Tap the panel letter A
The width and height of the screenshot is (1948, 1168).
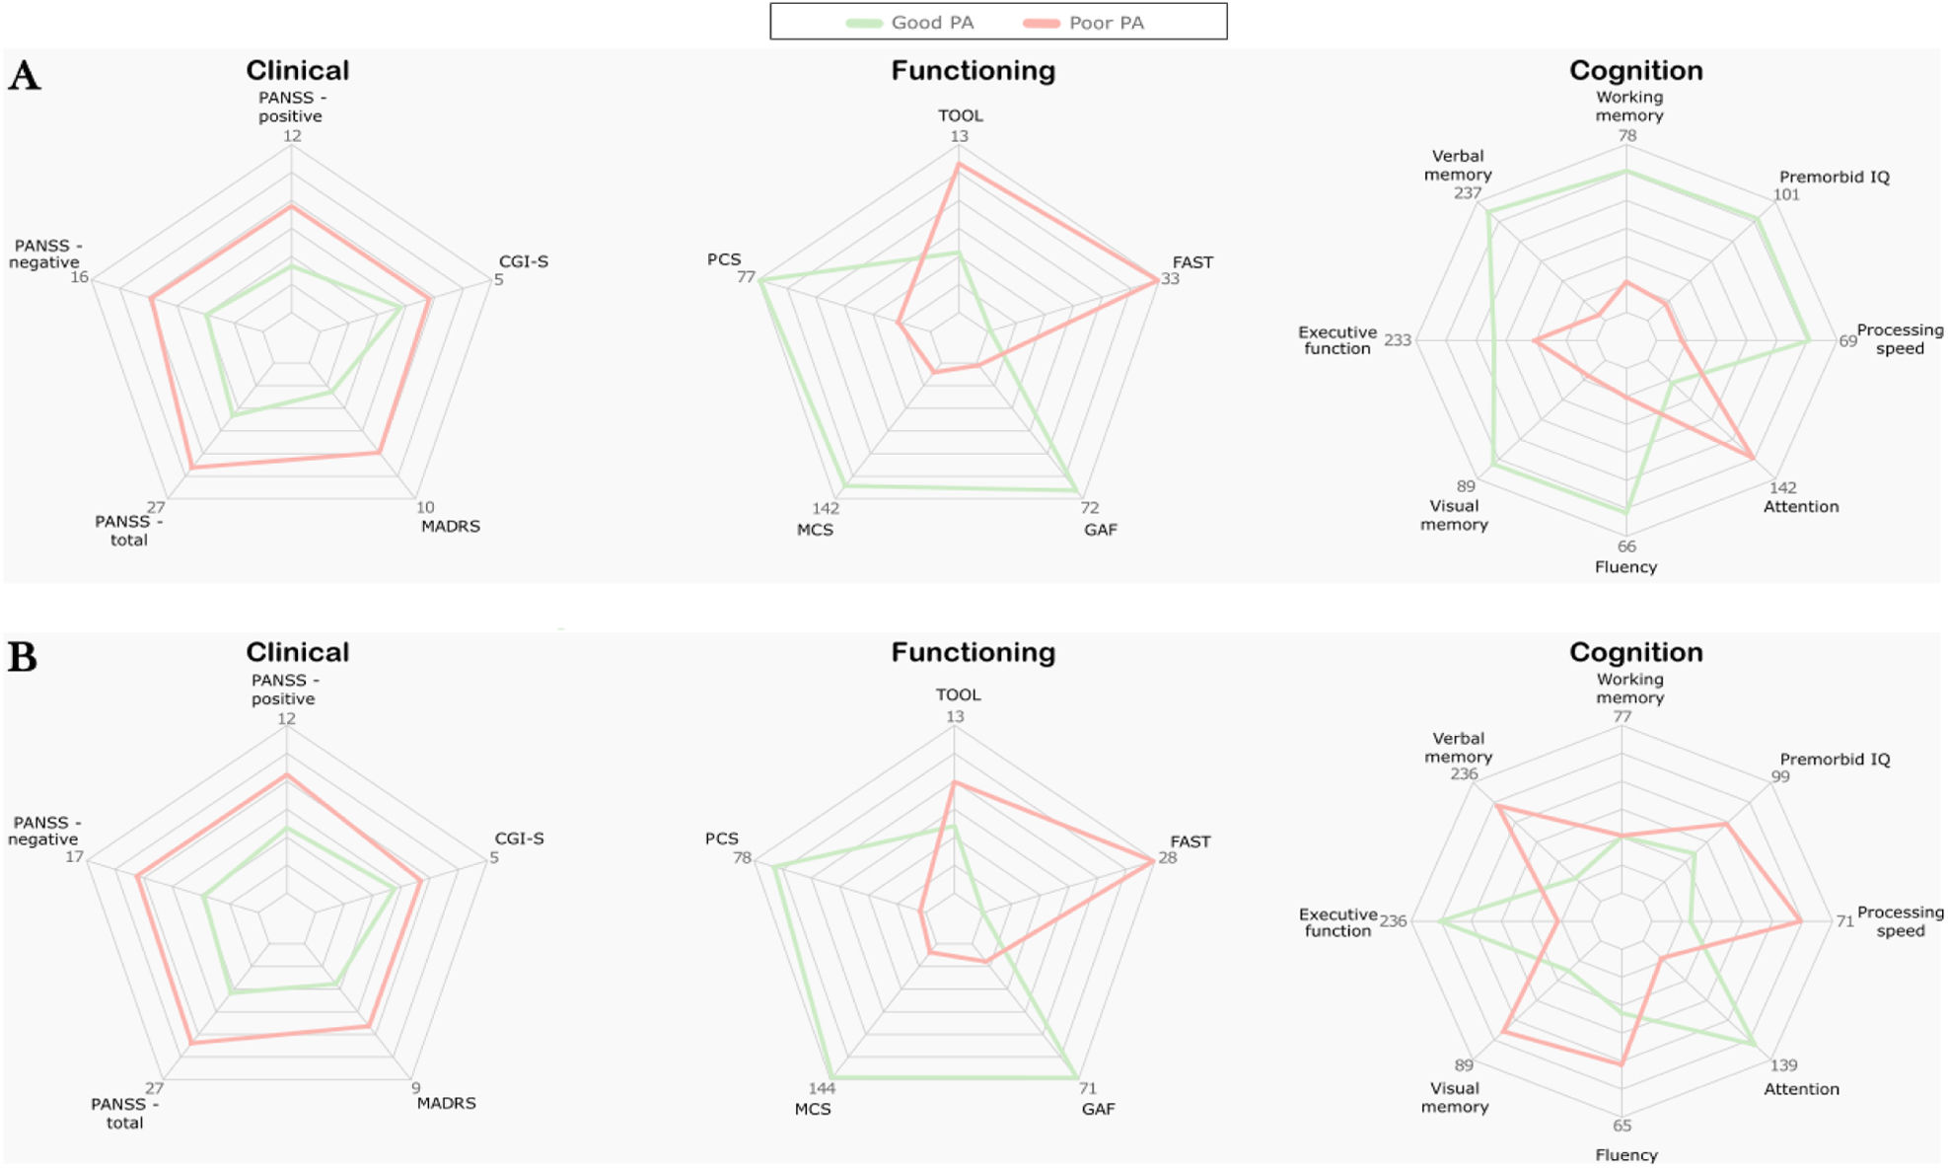[x=24, y=76]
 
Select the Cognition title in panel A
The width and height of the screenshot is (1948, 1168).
[x=1635, y=71]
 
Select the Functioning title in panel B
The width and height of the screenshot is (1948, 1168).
[x=973, y=652]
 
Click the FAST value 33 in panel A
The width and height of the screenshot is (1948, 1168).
[x=1170, y=279]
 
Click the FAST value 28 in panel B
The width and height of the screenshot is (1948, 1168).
[x=1168, y=858]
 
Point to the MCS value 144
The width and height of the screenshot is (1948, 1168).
[x=822, y=1088]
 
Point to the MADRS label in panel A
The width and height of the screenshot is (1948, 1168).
[x=451, y=527]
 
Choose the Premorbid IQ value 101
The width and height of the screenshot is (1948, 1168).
[x=1786, y=195]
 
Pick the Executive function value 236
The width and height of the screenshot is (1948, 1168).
[x=1393, y=921]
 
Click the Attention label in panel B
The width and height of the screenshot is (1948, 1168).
[x=1801, y=1089]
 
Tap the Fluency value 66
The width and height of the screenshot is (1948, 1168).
[x=1626, y=547]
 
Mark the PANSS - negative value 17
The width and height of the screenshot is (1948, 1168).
[x=75, y=857]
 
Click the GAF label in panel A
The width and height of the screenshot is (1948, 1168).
[x=1101, y=530]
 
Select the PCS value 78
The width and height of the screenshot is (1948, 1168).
[x=742, y=858]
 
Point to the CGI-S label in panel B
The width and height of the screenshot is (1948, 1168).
[x=519, y=839]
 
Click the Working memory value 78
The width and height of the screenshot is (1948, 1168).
[x=1627, y=136]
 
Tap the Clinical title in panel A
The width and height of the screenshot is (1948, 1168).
[x=297, y=71]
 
